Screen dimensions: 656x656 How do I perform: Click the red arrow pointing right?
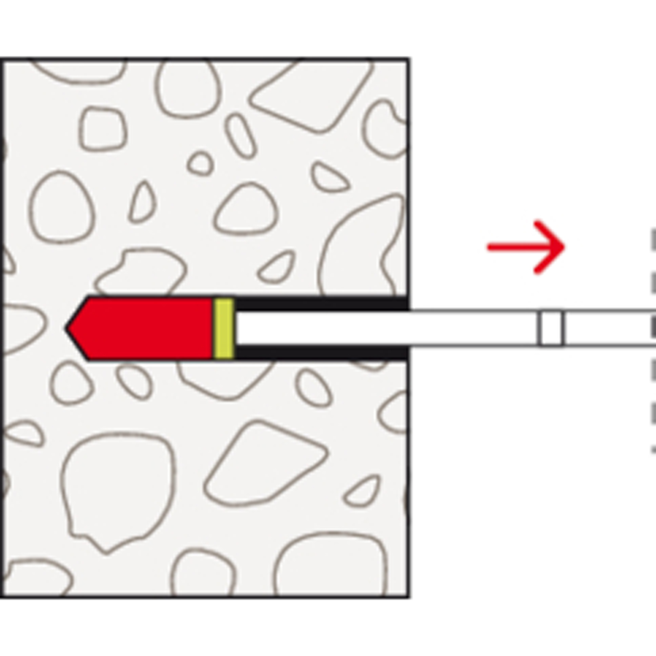pyautogui.click(x=525, y=247)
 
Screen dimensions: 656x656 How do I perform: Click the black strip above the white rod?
pyautogui.click(x=320, y=303)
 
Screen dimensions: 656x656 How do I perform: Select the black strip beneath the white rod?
pyautogui.click(x=320, y=353)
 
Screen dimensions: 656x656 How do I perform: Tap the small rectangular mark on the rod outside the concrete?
pyautogui.click(x=551, y=328)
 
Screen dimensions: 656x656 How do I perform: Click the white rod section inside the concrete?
pyautogui.click(x=320, y=328)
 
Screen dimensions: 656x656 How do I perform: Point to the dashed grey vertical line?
pyautogui.click(x=653, y=340)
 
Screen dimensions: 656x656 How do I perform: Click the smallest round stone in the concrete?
pyautogui.click(x=200, y=163)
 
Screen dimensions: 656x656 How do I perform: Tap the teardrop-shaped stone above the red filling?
pyautogui.click(x=143, y=203)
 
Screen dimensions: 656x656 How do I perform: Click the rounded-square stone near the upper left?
pyautogui.click(x=102, y=129)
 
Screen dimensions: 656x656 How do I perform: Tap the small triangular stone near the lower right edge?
pyautogui.click(x=363, y=492)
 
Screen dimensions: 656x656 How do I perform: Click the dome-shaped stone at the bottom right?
pyautogui.click(x=330, y=566)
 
